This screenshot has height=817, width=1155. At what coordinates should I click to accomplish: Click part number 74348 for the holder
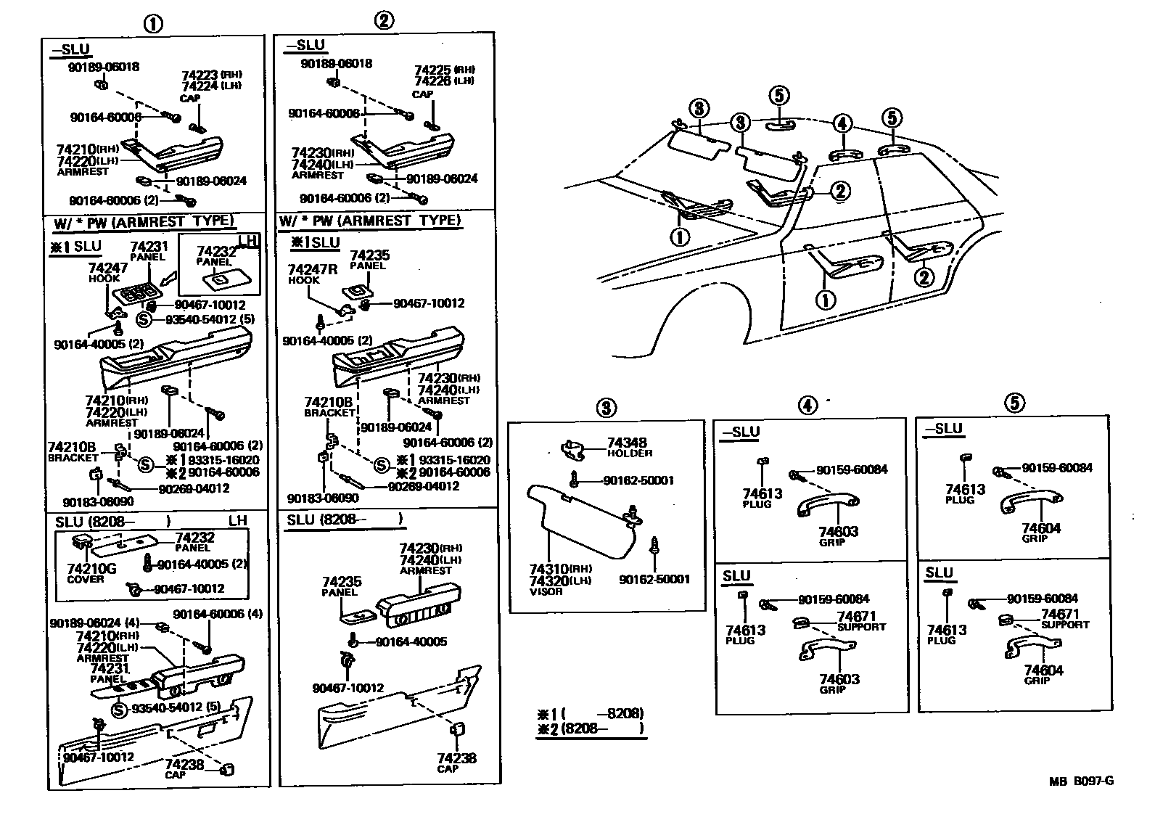tap(626, 443)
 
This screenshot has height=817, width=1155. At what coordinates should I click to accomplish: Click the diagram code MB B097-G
tap(1080, 781)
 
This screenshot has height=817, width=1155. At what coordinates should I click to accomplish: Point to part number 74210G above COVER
tap(91, 569)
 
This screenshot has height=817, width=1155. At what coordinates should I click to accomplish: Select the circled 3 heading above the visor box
tap(606, 408)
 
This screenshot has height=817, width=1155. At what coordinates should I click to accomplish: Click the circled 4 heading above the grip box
tap(807, 406)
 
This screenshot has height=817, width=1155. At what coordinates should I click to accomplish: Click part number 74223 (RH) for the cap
tap(200, 74)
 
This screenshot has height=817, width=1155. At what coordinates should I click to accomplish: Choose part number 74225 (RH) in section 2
tap(433, 70)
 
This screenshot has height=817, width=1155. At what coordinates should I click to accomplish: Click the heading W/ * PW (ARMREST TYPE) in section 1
tap(144, 221)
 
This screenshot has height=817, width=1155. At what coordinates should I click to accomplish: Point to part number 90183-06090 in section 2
tap(321, 498)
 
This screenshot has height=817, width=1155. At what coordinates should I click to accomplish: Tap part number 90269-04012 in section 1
tap(194, 488)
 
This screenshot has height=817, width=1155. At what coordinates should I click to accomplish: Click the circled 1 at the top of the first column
tap(152, 24)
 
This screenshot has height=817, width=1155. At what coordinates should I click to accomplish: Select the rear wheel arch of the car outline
tap(696, 305)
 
